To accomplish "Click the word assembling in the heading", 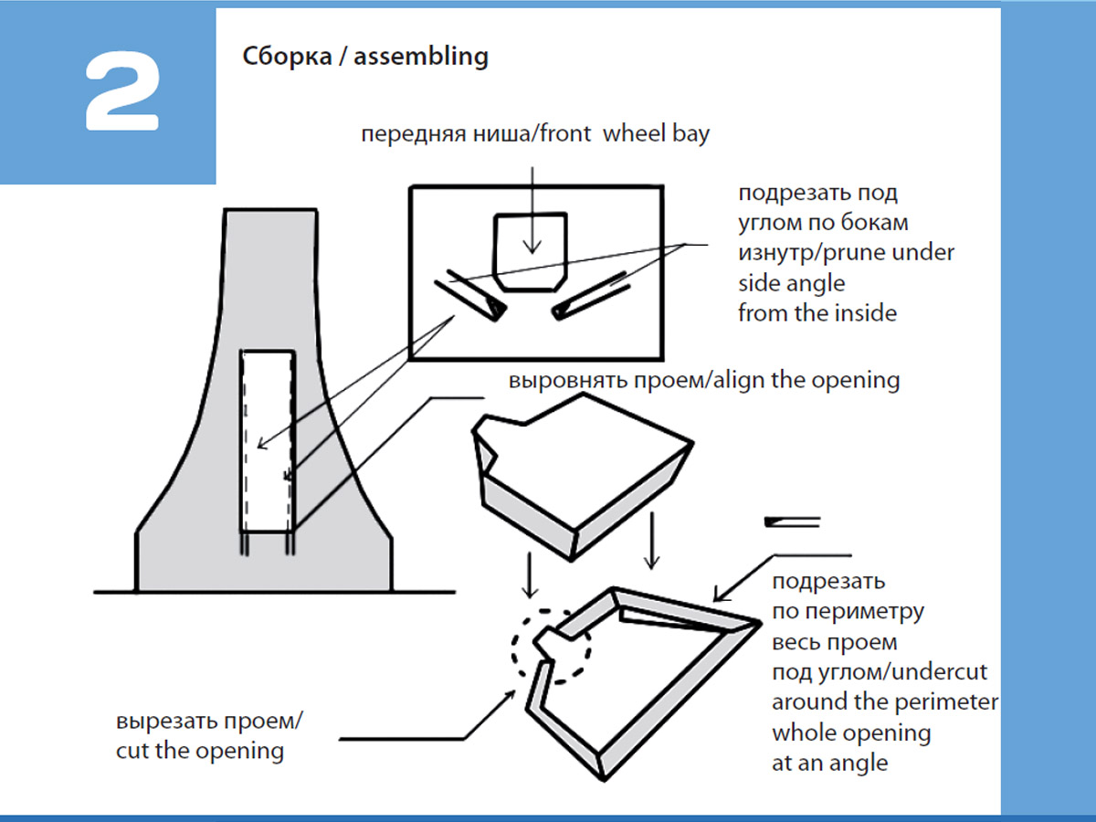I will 421,57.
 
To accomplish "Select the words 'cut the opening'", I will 200,752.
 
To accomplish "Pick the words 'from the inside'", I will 817,313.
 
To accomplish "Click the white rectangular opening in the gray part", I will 267,441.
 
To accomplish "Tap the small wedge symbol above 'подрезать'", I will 794,522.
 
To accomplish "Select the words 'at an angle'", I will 829,763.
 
